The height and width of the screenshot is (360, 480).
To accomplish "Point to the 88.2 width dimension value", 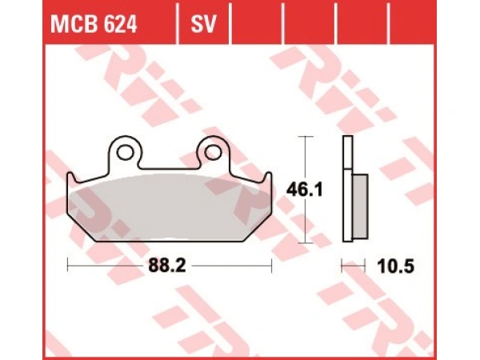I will coord(170,266).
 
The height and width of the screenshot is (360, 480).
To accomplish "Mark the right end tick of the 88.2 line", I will coord(272,266).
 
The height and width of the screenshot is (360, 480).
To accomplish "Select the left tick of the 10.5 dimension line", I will coord(343,266).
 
